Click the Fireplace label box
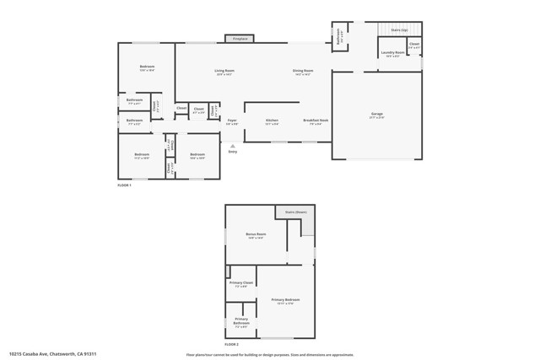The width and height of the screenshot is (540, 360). [240, 38]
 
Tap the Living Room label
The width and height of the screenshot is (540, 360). [224, 71]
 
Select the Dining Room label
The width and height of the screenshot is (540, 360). [303, 71]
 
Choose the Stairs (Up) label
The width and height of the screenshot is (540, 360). [399, 30]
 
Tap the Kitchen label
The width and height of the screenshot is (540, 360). [272, 121]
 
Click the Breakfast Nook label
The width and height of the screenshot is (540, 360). [316, 121]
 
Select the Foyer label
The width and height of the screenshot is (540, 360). [231, 121]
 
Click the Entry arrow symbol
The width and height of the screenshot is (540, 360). [233, 145]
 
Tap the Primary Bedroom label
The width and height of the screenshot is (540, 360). [285, 300]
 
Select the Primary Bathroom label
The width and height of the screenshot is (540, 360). [241, 320]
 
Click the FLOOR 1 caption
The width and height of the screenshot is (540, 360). [126, 185]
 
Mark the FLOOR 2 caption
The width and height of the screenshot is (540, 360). [232, 345]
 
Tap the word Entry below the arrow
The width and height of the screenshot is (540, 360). [233, 152]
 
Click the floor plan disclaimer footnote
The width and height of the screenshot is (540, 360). [269, 354]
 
